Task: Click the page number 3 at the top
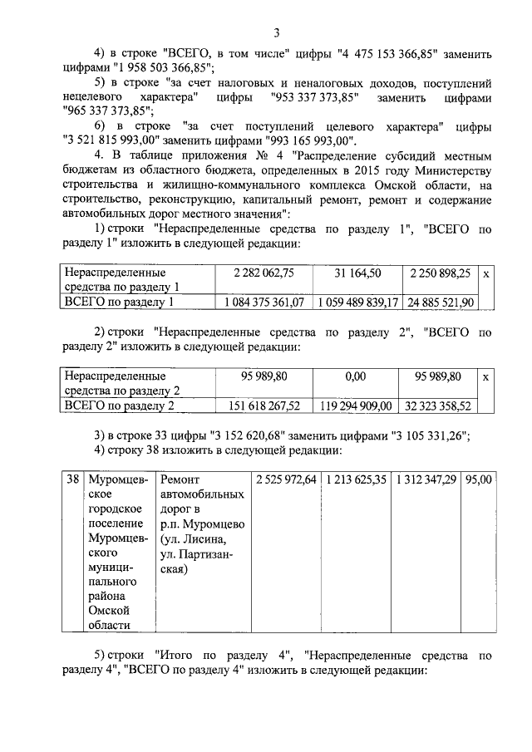tap(277, 32)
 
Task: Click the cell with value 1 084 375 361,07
tap(264, 302)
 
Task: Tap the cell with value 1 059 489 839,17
tap(357, 302)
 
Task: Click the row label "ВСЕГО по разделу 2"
tap(119, 405)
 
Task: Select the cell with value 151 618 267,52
tap(264, 405)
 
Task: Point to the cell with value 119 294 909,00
tap(357, 405)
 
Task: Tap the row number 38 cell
tap(72, 479)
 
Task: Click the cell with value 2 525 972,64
tap(286, 479)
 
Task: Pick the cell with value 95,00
tap(480, 479)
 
